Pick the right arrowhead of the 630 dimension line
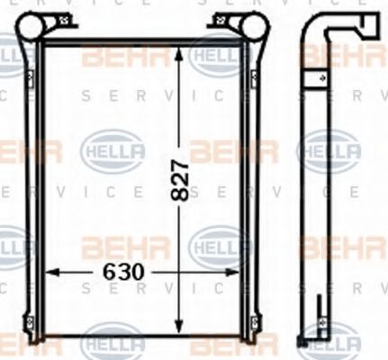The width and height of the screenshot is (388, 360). [239, 271]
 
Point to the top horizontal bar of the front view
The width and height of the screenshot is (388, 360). [142, 41]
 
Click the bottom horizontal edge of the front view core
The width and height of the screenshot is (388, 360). [142, 334]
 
